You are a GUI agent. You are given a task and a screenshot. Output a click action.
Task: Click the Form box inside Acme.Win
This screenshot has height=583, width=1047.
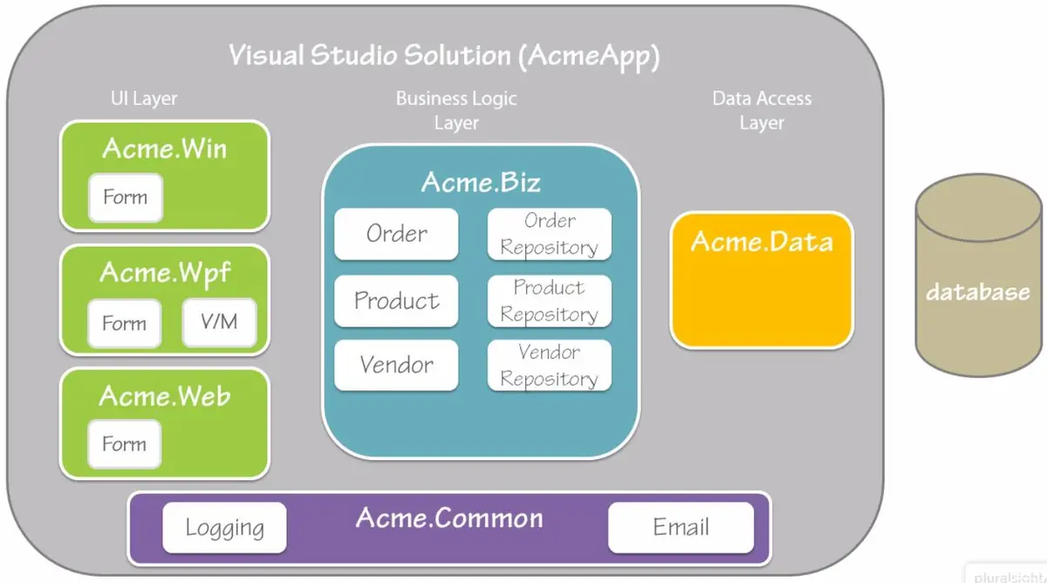pyautogui.click(x=125, y=197)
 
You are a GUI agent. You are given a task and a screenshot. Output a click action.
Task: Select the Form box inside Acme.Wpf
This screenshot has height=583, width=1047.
pyautogui.click(x=124, y=323)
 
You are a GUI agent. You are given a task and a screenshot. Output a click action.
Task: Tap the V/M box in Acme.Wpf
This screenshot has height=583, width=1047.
pyautogui.click(x=219, y=322)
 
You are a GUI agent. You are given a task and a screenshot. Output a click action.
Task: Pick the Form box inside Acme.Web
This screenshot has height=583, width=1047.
pyautogui.click(x=124, y=443)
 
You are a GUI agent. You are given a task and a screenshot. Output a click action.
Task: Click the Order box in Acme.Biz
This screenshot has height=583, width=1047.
pyautogui.click(x=396, y=234)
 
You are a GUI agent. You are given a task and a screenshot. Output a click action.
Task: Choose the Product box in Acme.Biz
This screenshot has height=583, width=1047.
pyautogui.click(x=396, y=300)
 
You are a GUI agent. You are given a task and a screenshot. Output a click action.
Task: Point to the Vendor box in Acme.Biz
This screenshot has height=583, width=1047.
pyautogui.click(x=396, y=365)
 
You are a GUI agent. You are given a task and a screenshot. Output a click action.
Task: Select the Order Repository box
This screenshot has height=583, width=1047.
pyautogui.click(x=549, y=234)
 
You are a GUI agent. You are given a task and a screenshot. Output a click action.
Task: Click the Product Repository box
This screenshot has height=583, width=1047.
pyautogui.click(x=549, y=300)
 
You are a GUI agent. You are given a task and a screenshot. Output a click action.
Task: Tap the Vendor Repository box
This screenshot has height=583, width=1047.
pyautogui.click(x=549, y=365)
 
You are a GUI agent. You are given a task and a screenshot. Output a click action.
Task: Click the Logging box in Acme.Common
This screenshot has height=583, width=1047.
pyautogui.click(x=224, y=527)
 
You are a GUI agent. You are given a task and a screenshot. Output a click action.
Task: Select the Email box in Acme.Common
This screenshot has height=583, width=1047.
pyautogui.click(x=681, y=527)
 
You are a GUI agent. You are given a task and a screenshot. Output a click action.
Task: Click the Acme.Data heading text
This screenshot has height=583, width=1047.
pyautogui.click(x=761, y=241)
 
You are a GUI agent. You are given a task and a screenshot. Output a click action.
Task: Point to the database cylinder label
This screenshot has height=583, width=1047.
pyautogui.click(x=977, y=291)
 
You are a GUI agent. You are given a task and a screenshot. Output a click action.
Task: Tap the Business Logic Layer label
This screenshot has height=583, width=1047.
pyautogui.click(x=456, y=110)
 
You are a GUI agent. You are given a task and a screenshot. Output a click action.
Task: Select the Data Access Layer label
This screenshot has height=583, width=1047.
pyautogui.click(x=762, y=110)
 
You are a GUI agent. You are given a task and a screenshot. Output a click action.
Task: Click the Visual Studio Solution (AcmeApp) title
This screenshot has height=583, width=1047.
pyautogui.click(x=444, y=55)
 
